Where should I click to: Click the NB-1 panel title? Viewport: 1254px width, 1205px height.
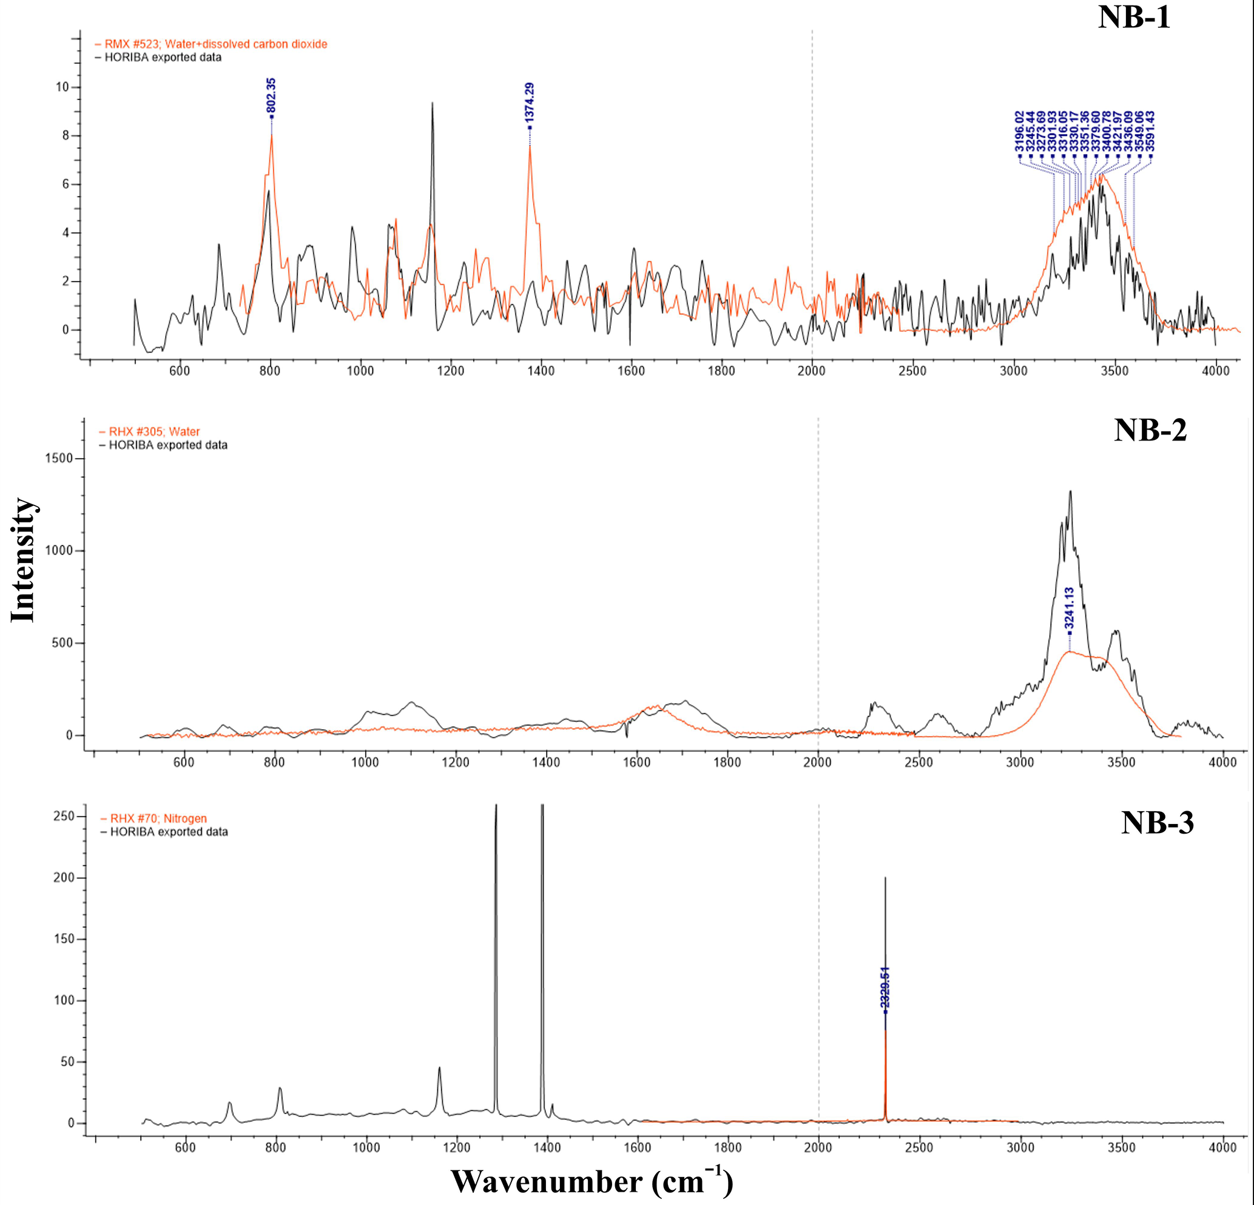(1134, 17)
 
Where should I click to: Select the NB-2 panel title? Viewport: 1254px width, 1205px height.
(1150, 430)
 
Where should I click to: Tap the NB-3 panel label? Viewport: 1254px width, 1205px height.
(1157, 822)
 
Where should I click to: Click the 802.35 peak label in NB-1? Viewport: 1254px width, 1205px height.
(271, 96)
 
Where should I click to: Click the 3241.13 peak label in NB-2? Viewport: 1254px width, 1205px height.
(1069, 609)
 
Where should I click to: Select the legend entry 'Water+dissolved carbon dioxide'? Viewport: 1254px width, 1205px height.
(215, 44)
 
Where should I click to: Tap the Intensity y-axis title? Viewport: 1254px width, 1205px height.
(22, 559)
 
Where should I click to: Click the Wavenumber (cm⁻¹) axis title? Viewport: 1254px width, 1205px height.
(592, 1181)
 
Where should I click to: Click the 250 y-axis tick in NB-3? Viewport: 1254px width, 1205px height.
(65, 817)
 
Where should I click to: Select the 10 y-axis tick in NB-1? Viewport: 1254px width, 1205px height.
(62, 87)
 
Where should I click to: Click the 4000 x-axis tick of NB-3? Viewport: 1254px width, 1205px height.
(1222, 1147)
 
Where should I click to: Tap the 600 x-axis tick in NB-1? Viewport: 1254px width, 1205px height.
(180, 371)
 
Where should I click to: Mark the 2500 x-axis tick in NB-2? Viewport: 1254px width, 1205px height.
(919, 761)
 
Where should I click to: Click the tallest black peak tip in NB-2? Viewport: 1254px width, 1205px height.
(1070, 492)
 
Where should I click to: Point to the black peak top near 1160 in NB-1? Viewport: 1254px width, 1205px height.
(433, 103)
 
